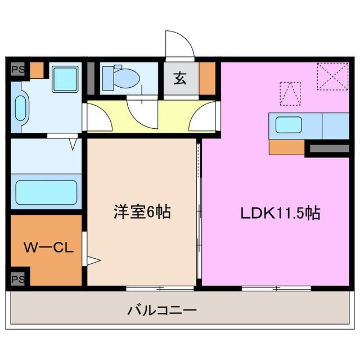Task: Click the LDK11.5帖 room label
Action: [281, 214]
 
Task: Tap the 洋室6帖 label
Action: [142, 213]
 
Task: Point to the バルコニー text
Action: [161, 310]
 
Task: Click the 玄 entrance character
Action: [180, 79]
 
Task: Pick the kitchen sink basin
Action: [289, 125]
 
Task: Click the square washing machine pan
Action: [66, 78]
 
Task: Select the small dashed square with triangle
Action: [290, 93]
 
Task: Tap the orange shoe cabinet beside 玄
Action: [207, 79]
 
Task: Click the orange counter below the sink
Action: [287, 147]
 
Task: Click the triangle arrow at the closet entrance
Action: [93, 260]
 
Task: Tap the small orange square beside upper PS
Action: [37, 70]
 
